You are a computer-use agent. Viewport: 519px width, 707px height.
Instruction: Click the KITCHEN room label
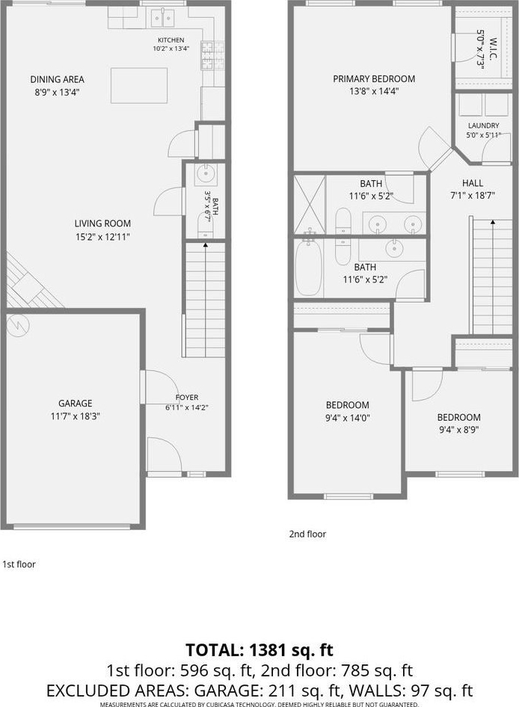171,40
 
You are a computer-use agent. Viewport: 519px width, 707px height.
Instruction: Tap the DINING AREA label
58,79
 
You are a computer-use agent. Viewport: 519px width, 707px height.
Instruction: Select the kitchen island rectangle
139,86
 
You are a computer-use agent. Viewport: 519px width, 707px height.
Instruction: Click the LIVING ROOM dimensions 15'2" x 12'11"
102,237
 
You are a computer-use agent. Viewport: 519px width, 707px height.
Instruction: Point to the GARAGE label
75,403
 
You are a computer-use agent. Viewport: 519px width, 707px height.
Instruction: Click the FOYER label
187,398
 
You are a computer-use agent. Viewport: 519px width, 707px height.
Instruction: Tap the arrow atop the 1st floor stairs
206,246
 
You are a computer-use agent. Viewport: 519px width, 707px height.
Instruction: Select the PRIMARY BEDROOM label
374,79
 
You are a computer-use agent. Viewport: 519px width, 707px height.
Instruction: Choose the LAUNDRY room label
483,126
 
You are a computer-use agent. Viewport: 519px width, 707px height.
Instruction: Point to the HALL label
473,183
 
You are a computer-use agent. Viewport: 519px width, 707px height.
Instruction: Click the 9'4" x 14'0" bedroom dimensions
348,418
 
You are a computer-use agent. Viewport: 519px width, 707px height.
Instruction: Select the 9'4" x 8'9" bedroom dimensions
458,430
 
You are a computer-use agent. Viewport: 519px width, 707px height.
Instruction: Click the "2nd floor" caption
307,534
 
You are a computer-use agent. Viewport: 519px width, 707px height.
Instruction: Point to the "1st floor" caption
19,564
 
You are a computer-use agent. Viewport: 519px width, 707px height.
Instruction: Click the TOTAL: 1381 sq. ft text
259,650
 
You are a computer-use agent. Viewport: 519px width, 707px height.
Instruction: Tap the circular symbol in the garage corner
17,324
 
